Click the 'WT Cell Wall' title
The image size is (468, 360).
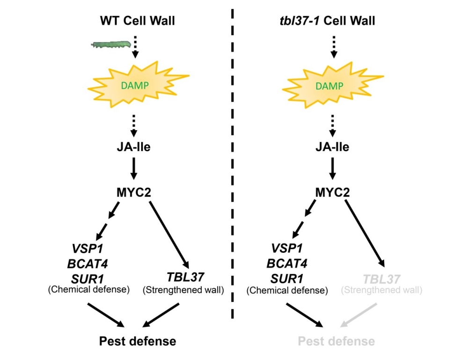(x=134, y=21)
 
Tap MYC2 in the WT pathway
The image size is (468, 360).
(x=134, y=192)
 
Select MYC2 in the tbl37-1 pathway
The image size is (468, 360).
(x=333, y=192)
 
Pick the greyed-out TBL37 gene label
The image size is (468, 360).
(x=382, y=279)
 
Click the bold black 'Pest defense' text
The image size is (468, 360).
(x=138, y=341)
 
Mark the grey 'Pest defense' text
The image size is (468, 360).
(x=336, y=341)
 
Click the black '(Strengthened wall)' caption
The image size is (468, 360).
(x=183, y=290)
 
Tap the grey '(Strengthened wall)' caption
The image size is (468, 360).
(x=382, y=290)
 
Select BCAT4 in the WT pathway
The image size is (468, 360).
(x=88, y=264)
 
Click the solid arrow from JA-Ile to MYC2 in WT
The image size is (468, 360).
(x=134, y=169)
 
